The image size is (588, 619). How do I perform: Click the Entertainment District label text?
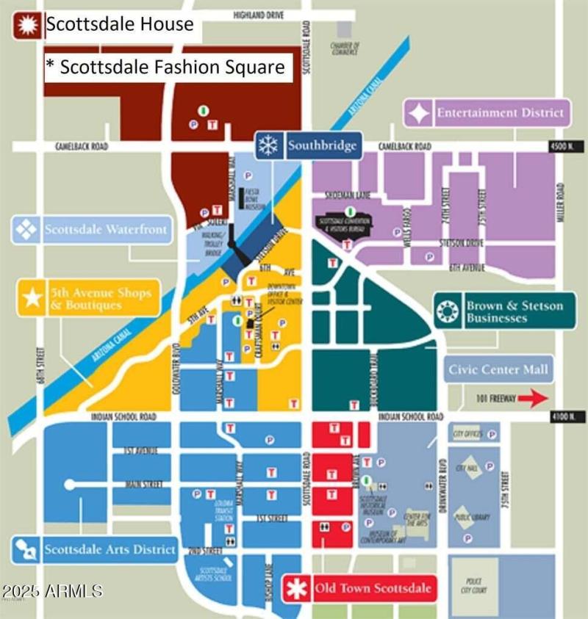coord(501,113)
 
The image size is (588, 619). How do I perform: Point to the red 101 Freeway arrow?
coord(532,399)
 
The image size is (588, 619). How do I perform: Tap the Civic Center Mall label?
coord(498,369)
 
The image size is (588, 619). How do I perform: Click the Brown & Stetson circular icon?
coord(448,311)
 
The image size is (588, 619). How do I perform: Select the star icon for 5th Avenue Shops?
coord(32,298)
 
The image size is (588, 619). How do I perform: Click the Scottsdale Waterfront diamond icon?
coord(27,230)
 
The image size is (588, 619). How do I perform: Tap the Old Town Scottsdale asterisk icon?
coord(298,588)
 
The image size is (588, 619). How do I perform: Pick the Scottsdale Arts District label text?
coord(110,549)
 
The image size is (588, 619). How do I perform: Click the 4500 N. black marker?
coord(560,147)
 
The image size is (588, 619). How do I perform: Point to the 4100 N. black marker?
coord(560,417)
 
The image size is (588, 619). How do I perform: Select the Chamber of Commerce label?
coord(345,48)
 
